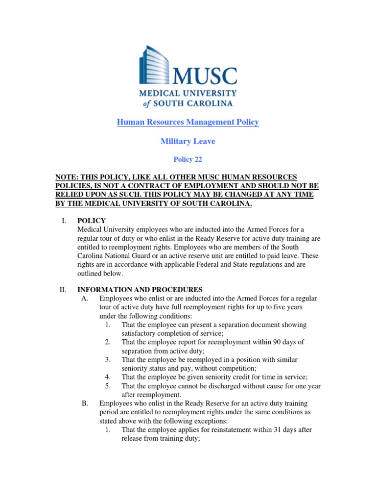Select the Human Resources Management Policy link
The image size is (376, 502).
(188, 122)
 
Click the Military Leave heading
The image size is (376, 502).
(188, 141)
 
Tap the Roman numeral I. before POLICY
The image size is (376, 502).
(64, 221)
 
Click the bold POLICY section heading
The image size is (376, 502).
(92, 221)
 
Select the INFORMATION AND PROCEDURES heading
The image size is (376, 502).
(140, 290)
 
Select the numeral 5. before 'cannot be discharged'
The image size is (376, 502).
(108, 386)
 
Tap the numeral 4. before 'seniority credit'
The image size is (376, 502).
(108, 377)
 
